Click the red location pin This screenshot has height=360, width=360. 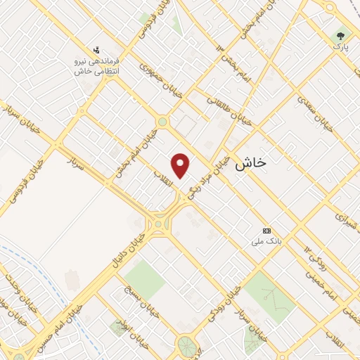[x=181, y=165]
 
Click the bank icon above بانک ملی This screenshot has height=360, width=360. [x=266, y=231]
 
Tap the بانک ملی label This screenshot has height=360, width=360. [x=266, y=241]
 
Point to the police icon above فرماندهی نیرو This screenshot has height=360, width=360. [x=96, y=50]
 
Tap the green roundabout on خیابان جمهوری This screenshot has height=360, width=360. [x=162, y=122]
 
